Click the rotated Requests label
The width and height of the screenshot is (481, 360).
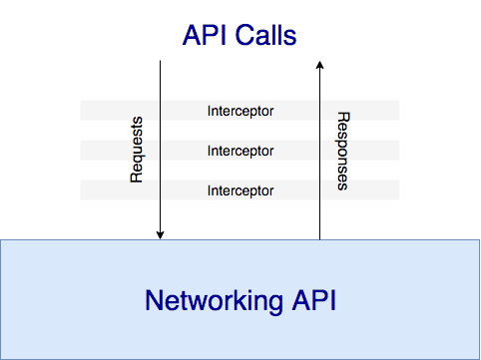(x=138, y=151)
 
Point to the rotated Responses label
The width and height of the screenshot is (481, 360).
(x=342, y=151)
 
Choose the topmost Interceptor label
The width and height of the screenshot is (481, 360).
(x=240, y=111)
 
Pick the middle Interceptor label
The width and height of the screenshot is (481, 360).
(x=240, y=151)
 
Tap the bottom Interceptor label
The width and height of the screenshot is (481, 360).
(x=240, y=189)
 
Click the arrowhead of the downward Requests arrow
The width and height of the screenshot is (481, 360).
(x=160, y=236)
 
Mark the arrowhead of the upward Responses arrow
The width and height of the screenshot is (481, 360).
(x=319, y=65)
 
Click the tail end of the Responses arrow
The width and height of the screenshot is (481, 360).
(x=319, y=239)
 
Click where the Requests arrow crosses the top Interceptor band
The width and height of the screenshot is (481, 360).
(x=160, y=111)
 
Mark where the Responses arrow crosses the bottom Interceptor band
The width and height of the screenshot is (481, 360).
(x=319, y=189)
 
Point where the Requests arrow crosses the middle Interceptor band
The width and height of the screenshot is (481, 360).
(x=160, y=151)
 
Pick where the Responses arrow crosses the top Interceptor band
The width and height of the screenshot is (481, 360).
(x=319, y=111)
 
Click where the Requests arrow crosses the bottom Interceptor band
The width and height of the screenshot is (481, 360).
(x=160, y=189)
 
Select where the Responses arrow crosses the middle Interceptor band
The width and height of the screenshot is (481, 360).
(x=319, y=151)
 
